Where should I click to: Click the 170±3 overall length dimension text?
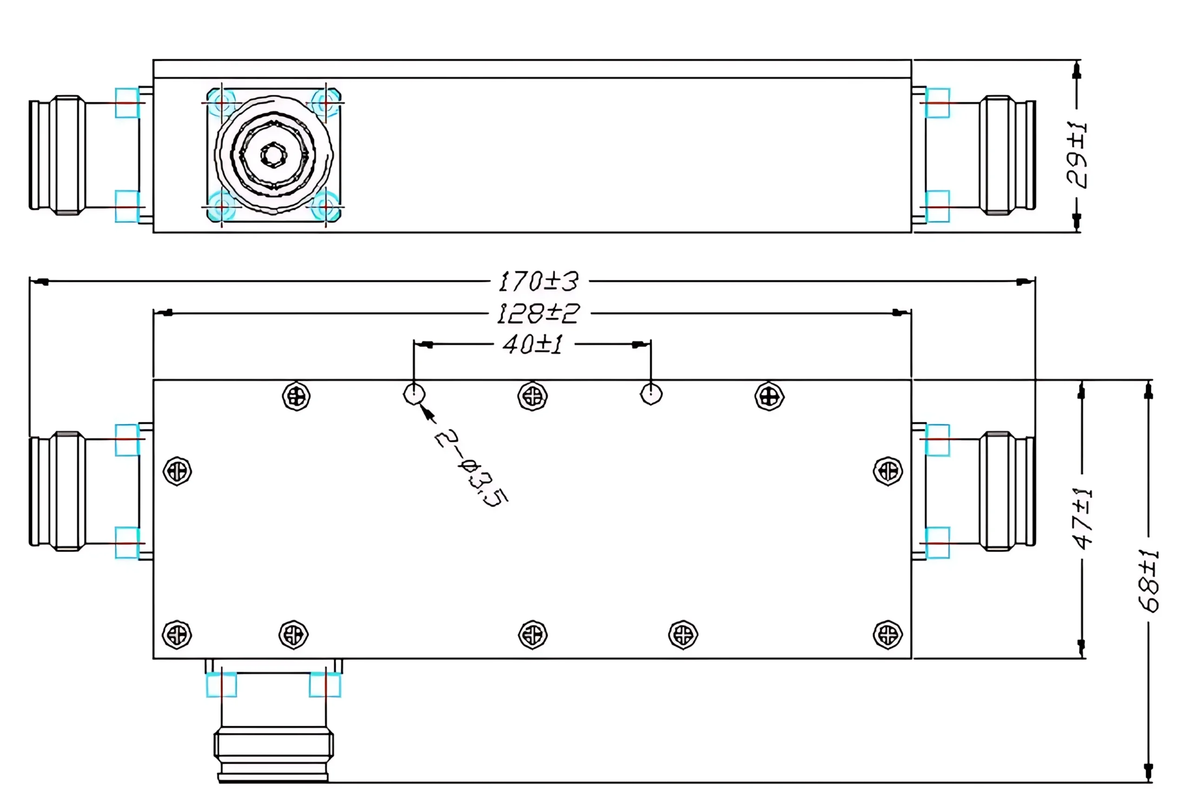[538, 282]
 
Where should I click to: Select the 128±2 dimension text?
[538, 313]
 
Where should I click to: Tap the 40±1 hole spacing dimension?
[533, 345]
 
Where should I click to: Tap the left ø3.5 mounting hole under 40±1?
[414, 394]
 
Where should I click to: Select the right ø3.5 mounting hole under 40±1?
[651, 394]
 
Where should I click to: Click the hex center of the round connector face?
[274, 154]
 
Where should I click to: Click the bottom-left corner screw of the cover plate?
[177, 635]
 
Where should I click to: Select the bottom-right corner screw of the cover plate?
[887, 635]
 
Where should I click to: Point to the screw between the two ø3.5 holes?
[533, 396]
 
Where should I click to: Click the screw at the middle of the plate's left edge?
[177, 471]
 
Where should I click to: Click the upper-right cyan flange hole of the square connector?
[325, 103]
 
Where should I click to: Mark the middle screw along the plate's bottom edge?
[533, 635]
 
